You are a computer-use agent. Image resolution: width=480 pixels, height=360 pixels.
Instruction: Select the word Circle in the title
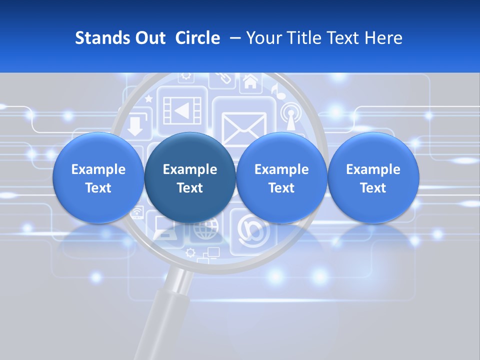[x=197, y=38]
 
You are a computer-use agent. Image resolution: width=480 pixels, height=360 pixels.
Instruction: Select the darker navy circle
[x=190, y=177]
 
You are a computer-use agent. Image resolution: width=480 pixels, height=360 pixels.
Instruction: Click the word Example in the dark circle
[x=190, y=169]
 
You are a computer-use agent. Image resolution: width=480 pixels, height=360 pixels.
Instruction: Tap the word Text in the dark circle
[x=190, y=188]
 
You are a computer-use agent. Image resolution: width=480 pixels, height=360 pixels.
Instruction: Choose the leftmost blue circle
[x=98, y=177]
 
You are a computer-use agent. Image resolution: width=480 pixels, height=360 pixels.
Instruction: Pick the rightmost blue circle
[x=373, y=177]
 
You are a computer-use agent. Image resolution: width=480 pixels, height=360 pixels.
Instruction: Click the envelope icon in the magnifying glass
[x=244, y=128]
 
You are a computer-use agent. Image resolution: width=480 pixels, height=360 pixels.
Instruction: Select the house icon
[x=250, y=81]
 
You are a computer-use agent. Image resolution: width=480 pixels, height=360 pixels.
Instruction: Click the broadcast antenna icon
[x=290, y=115]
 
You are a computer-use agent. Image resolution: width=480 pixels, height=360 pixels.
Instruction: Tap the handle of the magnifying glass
[x=160, y=320]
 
